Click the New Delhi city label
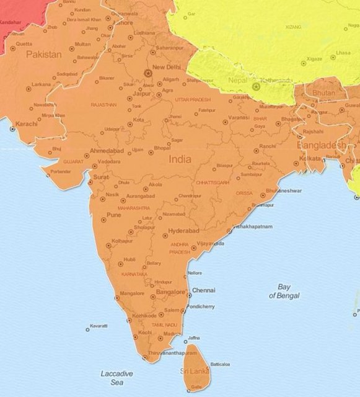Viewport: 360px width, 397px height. click(x=166, y=67)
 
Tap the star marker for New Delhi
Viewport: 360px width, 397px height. click(x=147, y=73)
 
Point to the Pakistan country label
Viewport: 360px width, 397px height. click(x=43, y=55)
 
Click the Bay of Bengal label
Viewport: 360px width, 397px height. click(x=284, y=292)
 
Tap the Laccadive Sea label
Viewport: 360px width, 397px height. click(x=117, y=378)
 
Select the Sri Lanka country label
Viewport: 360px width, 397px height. click(x=194, y=370)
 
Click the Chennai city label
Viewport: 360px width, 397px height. click(x=204, y=290)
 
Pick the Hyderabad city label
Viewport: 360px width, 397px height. click(x=183, y=231)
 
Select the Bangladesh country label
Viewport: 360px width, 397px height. click(x=322, y=145)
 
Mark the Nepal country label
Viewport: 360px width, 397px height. click(x=237, y=80)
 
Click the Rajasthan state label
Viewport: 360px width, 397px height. click(x=103, y=105)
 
